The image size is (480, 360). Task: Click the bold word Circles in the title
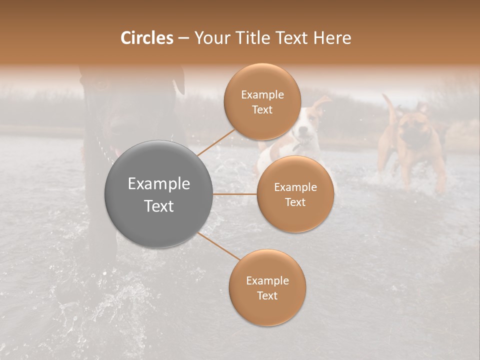click(x=147, y=38)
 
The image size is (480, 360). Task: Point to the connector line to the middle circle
click(x=235, y=194)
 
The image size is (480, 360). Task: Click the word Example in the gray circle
click(x=158, y=184)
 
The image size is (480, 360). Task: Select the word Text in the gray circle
click(x=158, y=206)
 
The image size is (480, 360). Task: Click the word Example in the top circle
click(x=262, y=95)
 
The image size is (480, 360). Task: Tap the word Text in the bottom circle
click(x=267, y=296)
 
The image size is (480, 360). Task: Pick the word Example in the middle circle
click(x=295, y=187)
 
